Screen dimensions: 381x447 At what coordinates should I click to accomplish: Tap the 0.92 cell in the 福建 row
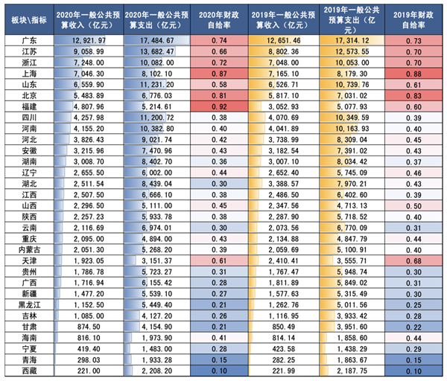[x=219, y=106]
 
